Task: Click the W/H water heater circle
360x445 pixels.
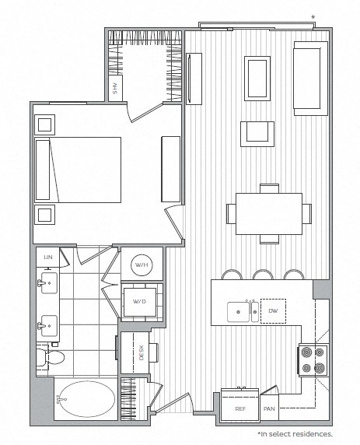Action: click(x=142, y=265)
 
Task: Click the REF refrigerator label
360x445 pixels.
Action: click(x=239, y=408)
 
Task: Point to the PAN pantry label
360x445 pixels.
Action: click(x=269, y=408)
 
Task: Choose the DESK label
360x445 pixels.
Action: click(x=131, y=352)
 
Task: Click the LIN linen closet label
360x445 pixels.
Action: click(x=47, y=256)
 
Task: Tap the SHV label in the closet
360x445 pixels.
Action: click(x=115, y=89)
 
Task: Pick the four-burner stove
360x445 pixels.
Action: click(x=311, y=359)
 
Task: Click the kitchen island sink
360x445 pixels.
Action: click(x=237, y=313)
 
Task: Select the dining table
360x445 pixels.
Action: click(x=269, y=212)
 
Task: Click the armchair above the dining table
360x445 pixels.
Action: click(x=257, y=133)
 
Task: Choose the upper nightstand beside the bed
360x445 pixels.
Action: click(x=44, y=123)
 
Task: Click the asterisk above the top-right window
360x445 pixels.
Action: click(x=313, y=16)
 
